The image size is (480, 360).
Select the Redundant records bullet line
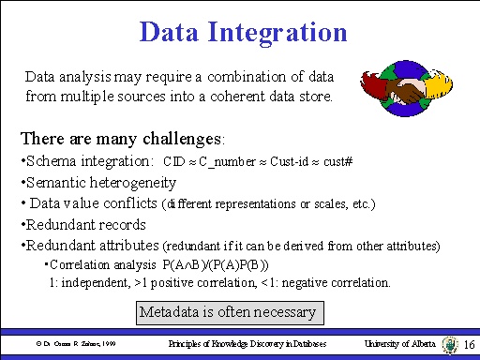pyautogui.click(x=82, y=224)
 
